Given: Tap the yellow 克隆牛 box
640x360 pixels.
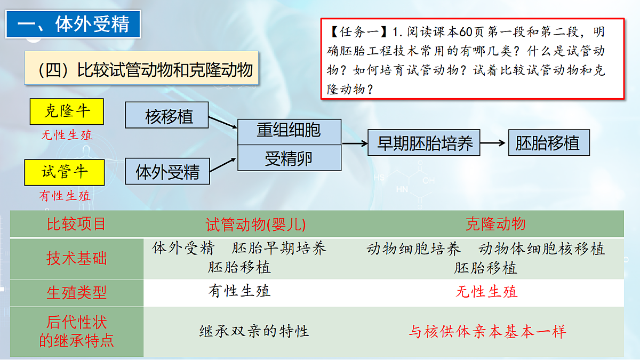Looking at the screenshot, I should click(67, 111).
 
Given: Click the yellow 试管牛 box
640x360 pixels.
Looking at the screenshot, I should click(64, 172).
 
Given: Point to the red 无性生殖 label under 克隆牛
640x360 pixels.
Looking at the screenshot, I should click(67, 135).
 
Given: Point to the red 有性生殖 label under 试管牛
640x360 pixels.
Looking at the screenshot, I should click(65, 196).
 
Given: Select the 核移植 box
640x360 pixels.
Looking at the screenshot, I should click(167, 116).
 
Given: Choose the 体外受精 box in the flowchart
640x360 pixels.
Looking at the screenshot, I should click(167, 171).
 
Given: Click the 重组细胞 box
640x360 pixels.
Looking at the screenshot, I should click(289, 131).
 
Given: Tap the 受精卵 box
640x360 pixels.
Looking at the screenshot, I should click(289, 158).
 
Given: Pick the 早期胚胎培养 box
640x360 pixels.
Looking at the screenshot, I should click(424, 143).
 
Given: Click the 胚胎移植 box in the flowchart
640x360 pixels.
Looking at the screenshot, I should click(549, 143).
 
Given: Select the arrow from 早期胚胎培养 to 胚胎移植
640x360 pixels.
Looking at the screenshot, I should click(493, 143).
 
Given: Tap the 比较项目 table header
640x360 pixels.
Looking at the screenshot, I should click(76, 224).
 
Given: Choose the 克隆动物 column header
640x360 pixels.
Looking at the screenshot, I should click(495, 224).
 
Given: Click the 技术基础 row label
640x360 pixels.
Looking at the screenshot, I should click(76, 259).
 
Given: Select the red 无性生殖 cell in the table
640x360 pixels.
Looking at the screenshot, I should click(486, 292).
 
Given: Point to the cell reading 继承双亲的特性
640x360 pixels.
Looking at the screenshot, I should click(254, 331).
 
